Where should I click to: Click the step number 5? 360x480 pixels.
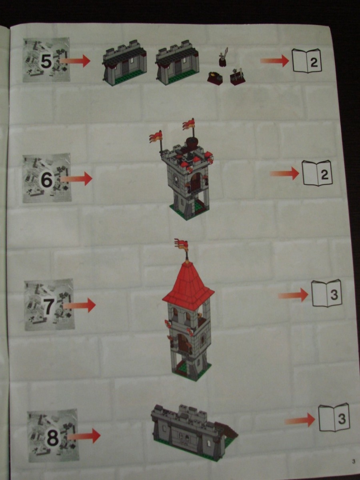(46, 62)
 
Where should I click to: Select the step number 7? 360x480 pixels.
(48, 306)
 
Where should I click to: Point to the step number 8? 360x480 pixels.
(53, 438)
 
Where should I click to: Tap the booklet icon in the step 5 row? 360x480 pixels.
(307, 61)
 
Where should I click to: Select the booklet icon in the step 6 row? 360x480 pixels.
(317, 174)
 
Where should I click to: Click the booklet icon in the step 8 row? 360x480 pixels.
(334, 418)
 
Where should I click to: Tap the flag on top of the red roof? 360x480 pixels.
(181, 244)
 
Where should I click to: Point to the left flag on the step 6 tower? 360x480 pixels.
(156, 137)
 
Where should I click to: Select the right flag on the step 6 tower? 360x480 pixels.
(189, 124)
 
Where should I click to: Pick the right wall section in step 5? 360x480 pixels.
(177, 62)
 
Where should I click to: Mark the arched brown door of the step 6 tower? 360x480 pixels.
(195, 183)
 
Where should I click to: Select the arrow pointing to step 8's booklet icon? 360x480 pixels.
(300, 420)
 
